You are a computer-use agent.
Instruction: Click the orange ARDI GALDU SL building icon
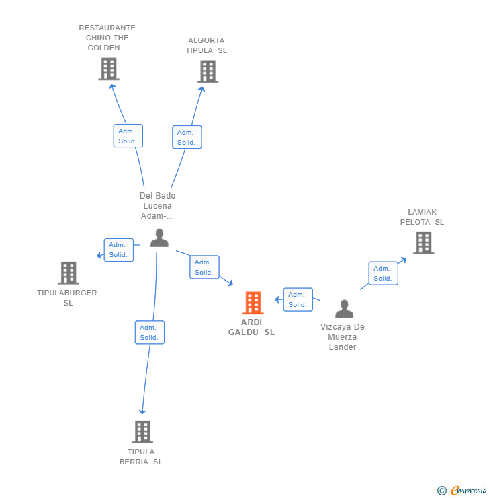[253, 303]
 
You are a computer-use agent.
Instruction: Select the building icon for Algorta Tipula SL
[208, 71]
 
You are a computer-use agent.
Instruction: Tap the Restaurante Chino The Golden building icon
[108, 69]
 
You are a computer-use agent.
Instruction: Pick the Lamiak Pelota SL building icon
[423, 242]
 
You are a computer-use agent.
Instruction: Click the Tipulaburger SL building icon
[68, 273]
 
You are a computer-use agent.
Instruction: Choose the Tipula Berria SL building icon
[142, 431]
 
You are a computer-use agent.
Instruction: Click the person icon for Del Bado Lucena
[159, 238]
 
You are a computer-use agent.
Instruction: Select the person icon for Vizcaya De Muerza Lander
[344, 309]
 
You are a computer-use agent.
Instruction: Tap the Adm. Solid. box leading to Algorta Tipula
[187, 137]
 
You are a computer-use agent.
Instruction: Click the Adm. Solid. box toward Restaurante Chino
[128, 136]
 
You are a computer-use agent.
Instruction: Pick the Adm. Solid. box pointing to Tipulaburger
[118, 250]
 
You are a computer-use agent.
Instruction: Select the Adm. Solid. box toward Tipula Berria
[149, 332]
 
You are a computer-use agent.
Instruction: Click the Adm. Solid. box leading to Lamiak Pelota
[383, 273]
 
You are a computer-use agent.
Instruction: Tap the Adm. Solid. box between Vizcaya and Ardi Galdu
[298, 299]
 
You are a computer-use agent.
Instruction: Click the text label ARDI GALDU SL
[251, 327]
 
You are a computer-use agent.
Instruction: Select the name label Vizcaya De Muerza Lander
[343, 337]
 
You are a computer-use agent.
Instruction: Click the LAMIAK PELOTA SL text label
[422, 217]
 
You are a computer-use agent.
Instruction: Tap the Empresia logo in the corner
[463, 491]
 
